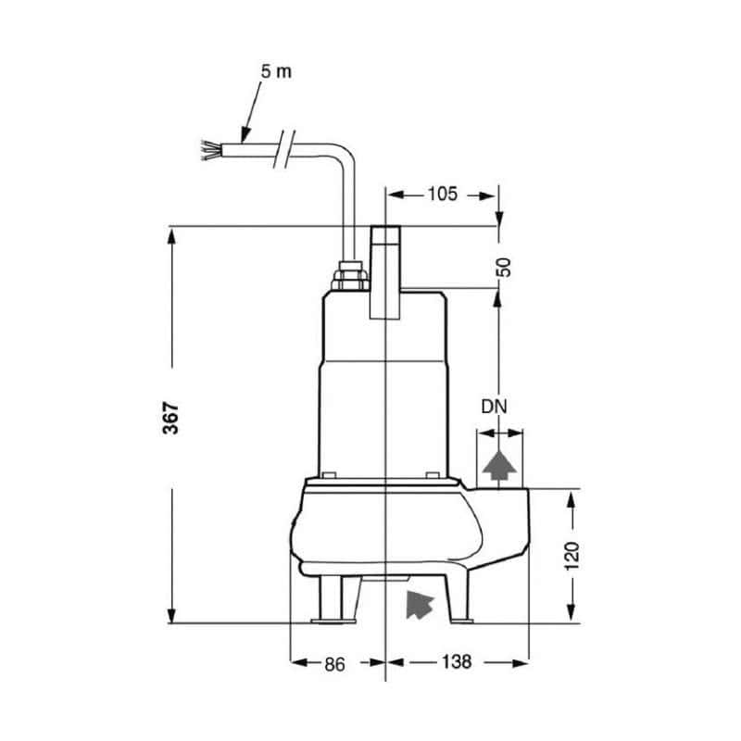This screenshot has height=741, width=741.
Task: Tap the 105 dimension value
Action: (443, 195)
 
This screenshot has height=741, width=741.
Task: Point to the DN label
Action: (495, 407)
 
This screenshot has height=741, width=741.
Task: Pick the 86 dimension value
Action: (334, 662)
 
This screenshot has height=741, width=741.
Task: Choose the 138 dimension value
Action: (457, 662)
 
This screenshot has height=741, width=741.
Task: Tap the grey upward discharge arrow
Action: (500, 464)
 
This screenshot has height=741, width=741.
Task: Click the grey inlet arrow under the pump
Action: (420, 603)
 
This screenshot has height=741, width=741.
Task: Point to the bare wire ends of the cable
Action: (212, 149)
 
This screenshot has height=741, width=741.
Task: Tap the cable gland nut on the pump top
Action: (350, 277)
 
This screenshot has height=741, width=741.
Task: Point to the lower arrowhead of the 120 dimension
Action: (571, 613)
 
